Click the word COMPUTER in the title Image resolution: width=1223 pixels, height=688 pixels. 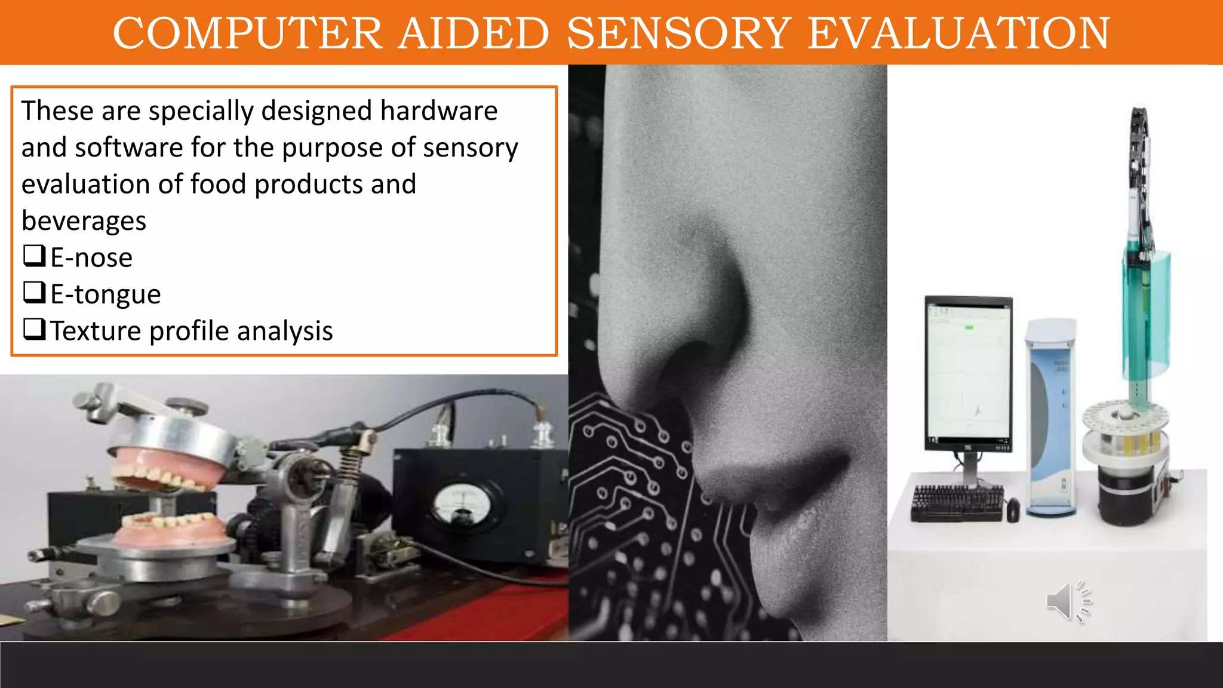[x=247, y=33]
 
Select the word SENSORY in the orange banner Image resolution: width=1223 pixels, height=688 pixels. [x=679, y=33]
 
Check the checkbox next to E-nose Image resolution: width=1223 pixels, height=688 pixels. [x=34, y=256]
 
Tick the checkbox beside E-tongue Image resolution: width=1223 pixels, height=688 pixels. [x=34, y=292]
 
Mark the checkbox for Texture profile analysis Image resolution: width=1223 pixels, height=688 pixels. [x=34, y=329]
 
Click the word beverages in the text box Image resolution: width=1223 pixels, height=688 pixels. [x=84, y=221]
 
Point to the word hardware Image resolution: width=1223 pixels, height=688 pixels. [x=438, y=111]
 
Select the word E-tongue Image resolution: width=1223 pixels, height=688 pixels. [x=105, y=294]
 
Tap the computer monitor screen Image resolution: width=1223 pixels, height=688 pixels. [x=968, y=371]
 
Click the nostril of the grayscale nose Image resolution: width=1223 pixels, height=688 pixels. [x=693, y=370]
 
